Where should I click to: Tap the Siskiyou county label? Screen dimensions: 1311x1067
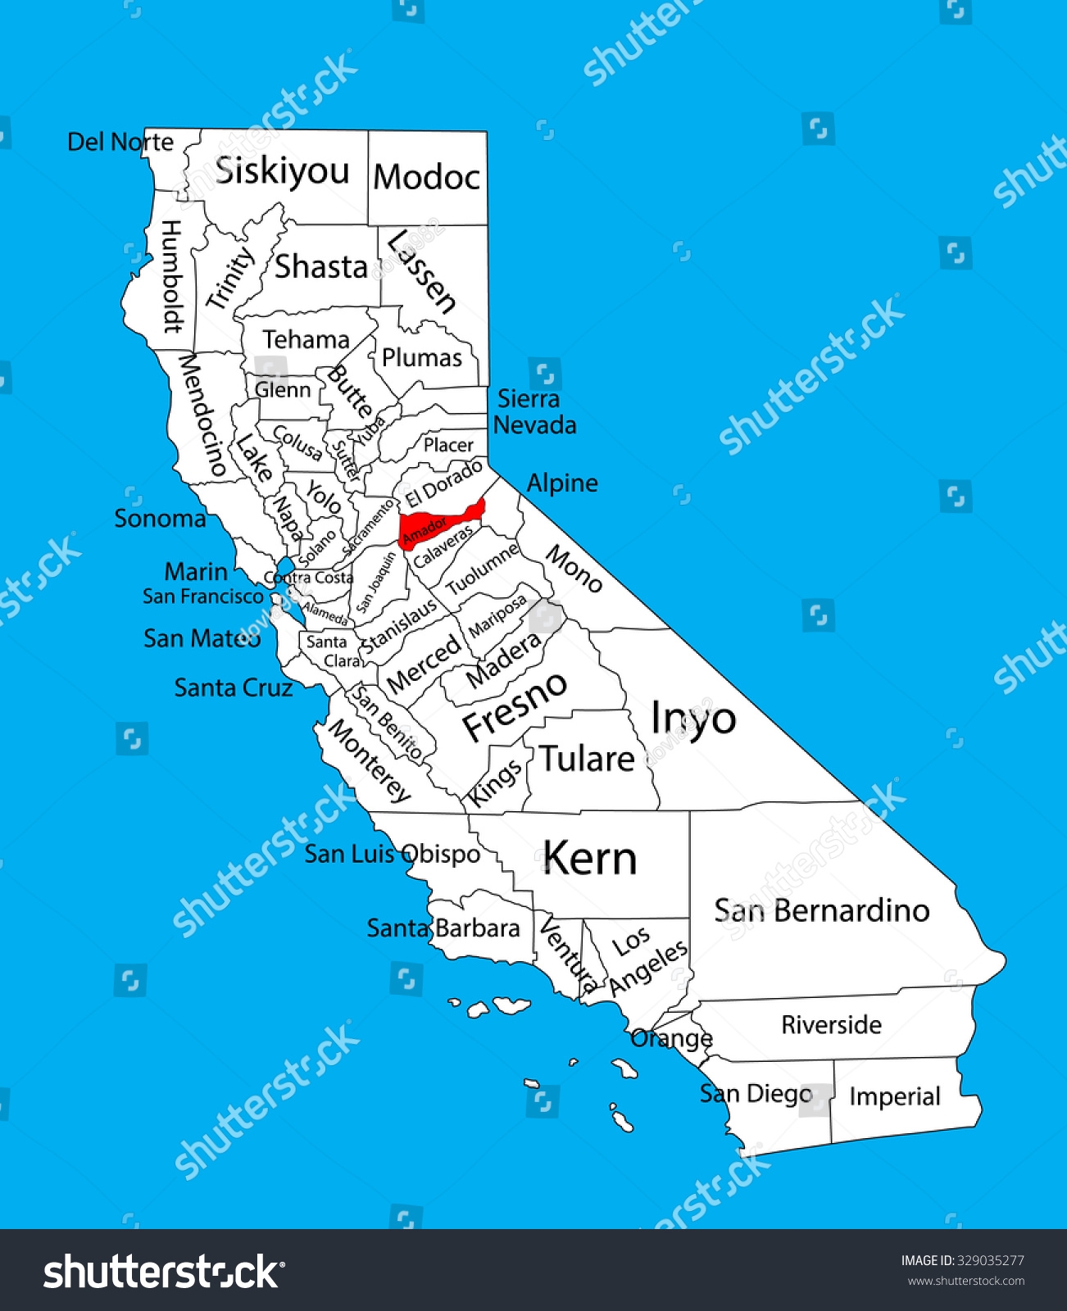[x=282, y=171]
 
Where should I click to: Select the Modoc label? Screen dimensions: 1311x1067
[x=427, y=177]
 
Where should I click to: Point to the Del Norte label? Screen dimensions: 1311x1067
[x=120, y=142]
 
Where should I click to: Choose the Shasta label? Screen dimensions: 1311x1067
[x=321, y=267]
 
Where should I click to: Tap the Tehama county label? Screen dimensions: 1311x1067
[x=306, y=339]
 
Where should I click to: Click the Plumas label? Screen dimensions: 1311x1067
[x=422, y=358]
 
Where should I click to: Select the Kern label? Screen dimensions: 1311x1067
[x=589, y=859]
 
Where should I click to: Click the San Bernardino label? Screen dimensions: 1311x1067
[x=821, y=910]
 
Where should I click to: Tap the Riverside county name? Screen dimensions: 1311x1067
[x=831, y=1024]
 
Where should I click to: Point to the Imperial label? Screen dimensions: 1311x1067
[x=894, y=1096]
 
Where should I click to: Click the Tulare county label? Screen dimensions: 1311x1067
[x=587, y=760]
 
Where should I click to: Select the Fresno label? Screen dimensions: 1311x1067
[x=514, y=705]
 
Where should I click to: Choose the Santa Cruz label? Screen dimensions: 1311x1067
[x=234, y=687]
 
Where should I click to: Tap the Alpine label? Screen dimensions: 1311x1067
[x=562, y=483]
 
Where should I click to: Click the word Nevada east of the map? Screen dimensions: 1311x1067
[x=535, y=425]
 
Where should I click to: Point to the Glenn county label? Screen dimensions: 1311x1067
[x=283, y=389]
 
